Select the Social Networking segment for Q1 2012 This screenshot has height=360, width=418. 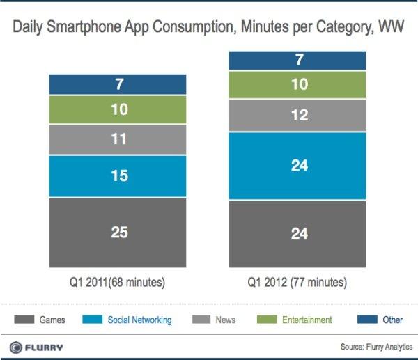click(x=299, y=166)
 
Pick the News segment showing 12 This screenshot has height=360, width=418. click(x=299, y=116)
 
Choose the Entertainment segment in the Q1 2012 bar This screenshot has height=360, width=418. click(x=299, y=85)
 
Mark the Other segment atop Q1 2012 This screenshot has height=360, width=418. click(x=299, y=60)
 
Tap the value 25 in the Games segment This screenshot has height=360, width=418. click(x=118, y=233)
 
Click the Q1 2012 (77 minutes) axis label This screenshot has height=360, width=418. click(x=299, y=283)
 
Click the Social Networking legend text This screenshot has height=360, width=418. click(x=139, y=320)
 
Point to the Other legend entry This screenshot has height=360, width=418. click(x=382, y=320)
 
